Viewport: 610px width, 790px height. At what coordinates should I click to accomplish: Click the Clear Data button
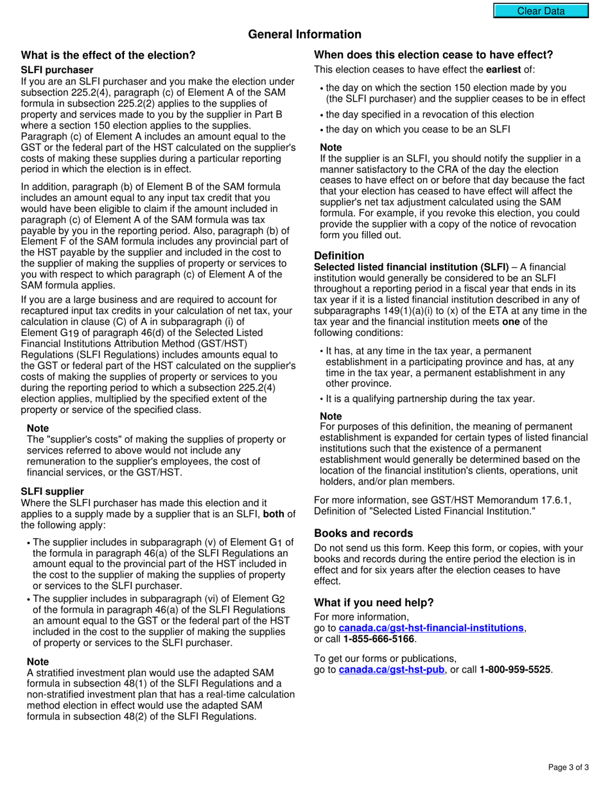pyautogui.click(x=541, y=11)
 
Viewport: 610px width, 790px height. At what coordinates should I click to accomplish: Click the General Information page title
pyautogui.click(x=304, y=35)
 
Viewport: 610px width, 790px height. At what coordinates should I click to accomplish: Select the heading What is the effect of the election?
pyautogui.click(x=108, y=55)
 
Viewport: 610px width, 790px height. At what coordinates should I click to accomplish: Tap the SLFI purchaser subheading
pyautogui.click(x=57, y=69)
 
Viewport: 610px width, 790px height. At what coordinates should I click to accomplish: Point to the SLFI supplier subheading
pyautogui.click(x=53, y=491)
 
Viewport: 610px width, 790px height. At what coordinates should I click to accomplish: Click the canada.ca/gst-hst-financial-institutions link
pyautogui.click(x=431, y=628)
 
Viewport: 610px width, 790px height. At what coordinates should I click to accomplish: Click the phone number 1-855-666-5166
pyautogui.click(x=379, y=638)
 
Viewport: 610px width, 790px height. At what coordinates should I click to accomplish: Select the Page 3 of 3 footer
pyautogui.click(x=568, y=767)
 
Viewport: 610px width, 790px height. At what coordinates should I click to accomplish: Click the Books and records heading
pyautogui.click(x=363, y=533)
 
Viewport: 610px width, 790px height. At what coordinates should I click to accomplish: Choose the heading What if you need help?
pyautogui.click(x=374, y=602)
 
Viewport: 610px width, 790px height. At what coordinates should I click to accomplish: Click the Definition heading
pyautogui.click(x=339, y=256)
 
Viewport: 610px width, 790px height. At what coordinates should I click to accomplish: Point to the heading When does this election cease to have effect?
pyautogui.click(x=433, y=55)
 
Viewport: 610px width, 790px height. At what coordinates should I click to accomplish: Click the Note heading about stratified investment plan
pyautogui.click(x=38, y=662)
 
